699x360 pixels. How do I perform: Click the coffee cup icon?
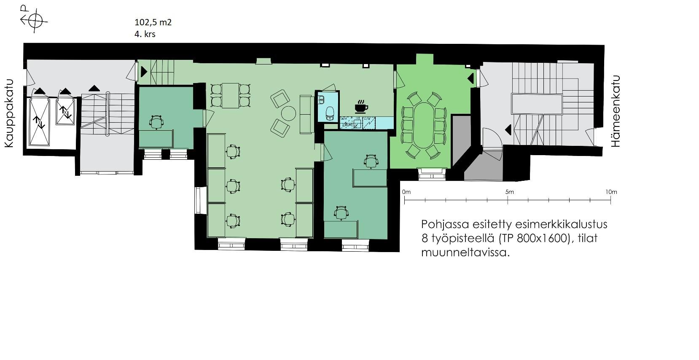pos(361,106)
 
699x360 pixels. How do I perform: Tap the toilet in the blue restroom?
pos(330,113)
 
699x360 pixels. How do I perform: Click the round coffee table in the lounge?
pos(288,113)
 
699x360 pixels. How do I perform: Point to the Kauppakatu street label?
pos(9,113)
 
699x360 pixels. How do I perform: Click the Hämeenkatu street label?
pos(616,111)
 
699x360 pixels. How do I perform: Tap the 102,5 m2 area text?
pos(153,22)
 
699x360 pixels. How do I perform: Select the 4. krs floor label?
pos(145,34)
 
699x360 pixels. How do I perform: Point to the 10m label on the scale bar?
pos(611,192)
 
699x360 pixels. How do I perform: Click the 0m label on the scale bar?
pos(406,192)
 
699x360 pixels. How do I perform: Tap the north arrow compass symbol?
pos(34,20)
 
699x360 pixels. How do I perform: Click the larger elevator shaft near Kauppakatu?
pos(39,122)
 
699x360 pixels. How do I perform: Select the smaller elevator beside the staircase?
pos(65,111)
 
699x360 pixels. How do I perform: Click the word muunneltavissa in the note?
pos(465,253)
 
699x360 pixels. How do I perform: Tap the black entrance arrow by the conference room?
pos(470,78)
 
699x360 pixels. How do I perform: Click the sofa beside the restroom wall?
pos(306,114)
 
